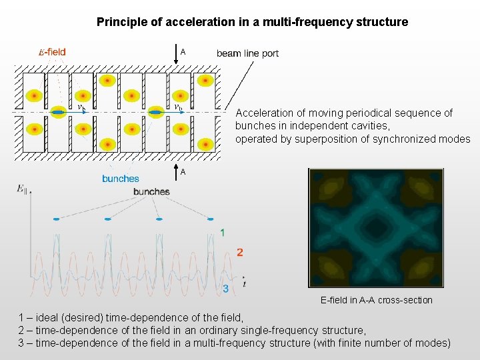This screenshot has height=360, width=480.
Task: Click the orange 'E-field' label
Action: tap(52, 53)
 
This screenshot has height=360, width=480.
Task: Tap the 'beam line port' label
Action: tap(247, 53)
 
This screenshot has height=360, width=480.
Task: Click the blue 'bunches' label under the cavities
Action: tap(121, 179)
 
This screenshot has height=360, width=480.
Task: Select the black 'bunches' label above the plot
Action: tap(151, 192)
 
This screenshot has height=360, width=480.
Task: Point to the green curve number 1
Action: tap(223, 233)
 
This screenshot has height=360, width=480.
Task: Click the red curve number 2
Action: tap(240, 253)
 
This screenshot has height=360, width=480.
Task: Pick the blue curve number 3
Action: tap(226, 289)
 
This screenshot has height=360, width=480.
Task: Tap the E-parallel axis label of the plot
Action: tap(22, 189)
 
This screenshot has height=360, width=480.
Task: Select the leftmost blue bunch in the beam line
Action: tap(58, 113)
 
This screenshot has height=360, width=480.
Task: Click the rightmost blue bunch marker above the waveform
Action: tap(210, 219)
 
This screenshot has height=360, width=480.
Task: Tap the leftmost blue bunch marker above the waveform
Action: tap(56, 219)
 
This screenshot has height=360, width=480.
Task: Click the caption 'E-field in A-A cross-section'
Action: tap(376, 300)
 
